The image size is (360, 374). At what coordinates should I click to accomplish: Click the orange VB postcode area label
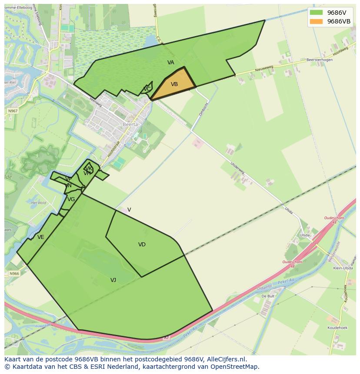click(174, 84)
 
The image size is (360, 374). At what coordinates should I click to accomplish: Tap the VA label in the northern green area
click(171, 63)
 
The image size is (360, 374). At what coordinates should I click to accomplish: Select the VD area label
click(142, 245)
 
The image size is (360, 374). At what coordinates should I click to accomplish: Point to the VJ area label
click(113, 280)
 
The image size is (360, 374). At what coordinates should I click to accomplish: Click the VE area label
click(41, 237)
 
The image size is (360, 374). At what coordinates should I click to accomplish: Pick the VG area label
click(71, 199)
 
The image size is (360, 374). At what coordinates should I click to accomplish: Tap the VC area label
click(147, 89)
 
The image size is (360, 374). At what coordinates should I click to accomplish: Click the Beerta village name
click(130, 124)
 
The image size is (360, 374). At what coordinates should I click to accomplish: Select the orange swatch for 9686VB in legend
click(316, 21)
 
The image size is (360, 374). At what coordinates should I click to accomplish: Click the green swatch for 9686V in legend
click(316, 13)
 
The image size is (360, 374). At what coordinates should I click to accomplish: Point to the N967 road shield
click(13, 111)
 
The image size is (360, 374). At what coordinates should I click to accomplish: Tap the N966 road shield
click(14, 274)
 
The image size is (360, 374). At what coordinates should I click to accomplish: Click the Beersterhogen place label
click(319, 60)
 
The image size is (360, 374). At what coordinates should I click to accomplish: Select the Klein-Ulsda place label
click(343, 268)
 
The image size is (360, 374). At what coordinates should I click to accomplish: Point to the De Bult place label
click(267, 296)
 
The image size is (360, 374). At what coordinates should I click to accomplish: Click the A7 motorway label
click(166, 337)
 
